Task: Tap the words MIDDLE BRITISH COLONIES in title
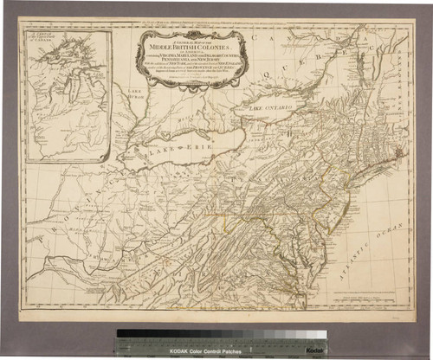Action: (191, 42)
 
